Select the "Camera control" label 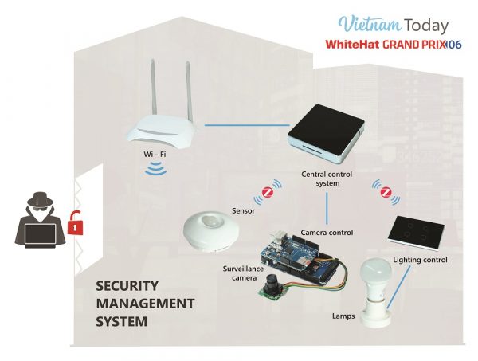[x=327, y=232]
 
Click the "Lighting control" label [x=420, y=260]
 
